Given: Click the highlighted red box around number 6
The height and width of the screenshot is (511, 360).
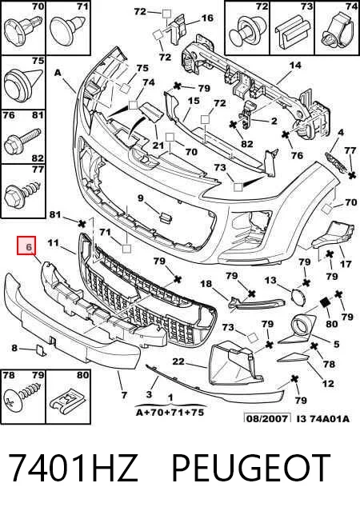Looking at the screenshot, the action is [26, 246].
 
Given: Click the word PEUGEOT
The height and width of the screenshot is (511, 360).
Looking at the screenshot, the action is [250, 469].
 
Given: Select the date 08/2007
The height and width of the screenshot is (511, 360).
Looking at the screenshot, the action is [267, 418].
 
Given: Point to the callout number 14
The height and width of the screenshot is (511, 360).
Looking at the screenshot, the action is [294, 66].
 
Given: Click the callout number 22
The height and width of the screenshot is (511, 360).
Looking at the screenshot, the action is [178, 361].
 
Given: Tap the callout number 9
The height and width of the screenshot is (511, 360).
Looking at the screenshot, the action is [140, 198].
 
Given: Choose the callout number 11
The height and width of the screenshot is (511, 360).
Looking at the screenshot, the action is [53, 243].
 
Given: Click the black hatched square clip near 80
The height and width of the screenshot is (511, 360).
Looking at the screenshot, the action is [325, 303].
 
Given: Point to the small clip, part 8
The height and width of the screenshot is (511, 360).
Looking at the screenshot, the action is [41, 350].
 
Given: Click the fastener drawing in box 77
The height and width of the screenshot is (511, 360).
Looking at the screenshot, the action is [23, 193].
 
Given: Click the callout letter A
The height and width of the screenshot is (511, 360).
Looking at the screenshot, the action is [58, 72].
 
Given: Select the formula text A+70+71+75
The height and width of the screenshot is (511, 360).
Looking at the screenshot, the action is [170, 413].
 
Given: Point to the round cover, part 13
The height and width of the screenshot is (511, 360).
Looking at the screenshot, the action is [298, 297].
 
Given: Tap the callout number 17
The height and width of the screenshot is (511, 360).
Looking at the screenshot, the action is [346, 263].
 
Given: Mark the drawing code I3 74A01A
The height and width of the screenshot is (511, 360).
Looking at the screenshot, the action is [323, 418].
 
